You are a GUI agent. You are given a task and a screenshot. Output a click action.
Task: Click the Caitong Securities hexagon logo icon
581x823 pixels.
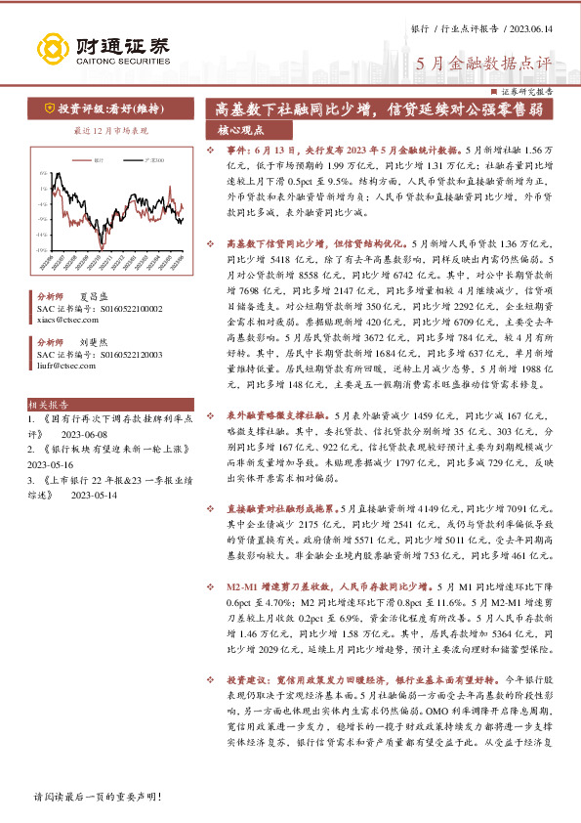50,49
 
